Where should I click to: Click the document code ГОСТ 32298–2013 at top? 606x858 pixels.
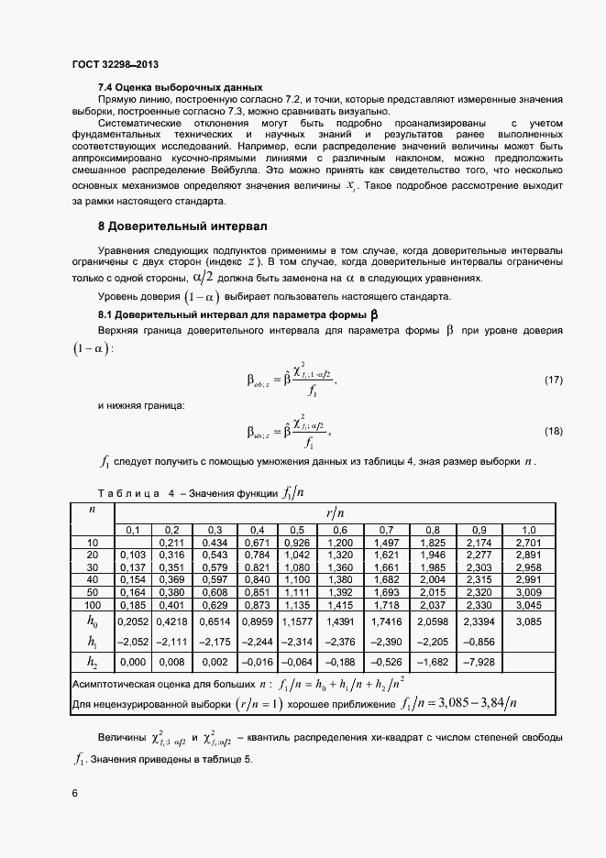(x=115, y=65)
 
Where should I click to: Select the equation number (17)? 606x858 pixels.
(x=554, y=379)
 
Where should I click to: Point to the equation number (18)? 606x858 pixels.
(x=554, y=431)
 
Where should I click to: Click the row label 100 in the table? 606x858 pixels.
(x=92, y=606)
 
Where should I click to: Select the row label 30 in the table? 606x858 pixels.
(x=92, y=567)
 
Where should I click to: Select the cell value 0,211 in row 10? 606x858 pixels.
(x=171, y=543)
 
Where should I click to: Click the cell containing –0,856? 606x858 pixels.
(x=479, y=641)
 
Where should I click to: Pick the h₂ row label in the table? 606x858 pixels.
(x=92, y=662)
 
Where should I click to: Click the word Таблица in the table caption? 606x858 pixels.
(x=128, y=493)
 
